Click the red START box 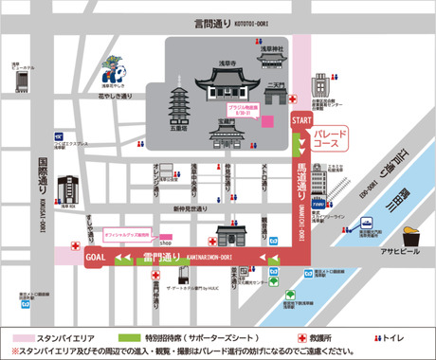tap(300, 121)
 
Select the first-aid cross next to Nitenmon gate tap(298, 98)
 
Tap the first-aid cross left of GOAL tap(73, 257)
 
